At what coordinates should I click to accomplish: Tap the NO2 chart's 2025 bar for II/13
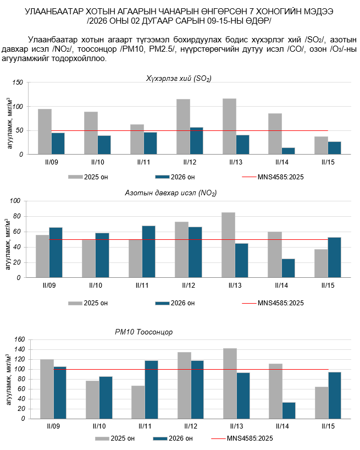[x=228, y=244]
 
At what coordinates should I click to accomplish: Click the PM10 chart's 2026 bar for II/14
[x=289, y=410]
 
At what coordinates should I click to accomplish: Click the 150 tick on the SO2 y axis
[x=18, y=83]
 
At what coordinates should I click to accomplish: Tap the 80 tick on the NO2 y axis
[x=18, y=216]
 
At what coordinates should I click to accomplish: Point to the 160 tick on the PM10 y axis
[x=19, y=340]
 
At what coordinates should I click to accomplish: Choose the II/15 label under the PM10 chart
[x=329, y=427]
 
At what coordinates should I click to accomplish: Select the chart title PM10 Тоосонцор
[x=144, y=332]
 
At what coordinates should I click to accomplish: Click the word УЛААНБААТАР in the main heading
[x=56, y=11]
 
